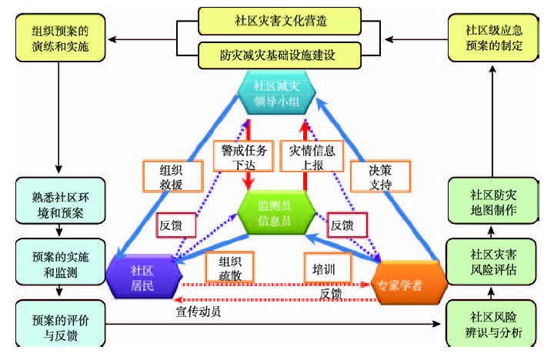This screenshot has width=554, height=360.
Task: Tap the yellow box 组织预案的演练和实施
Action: tap(61, 38)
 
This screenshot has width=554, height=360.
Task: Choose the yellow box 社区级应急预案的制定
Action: tap(493, 38)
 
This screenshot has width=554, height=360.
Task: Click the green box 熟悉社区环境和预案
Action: tap(59, 202)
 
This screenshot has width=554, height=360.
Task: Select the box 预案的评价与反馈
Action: tap(59, 323)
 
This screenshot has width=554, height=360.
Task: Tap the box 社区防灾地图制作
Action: tap(493, 202)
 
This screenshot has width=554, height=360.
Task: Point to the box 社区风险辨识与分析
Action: tap(493, 324)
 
